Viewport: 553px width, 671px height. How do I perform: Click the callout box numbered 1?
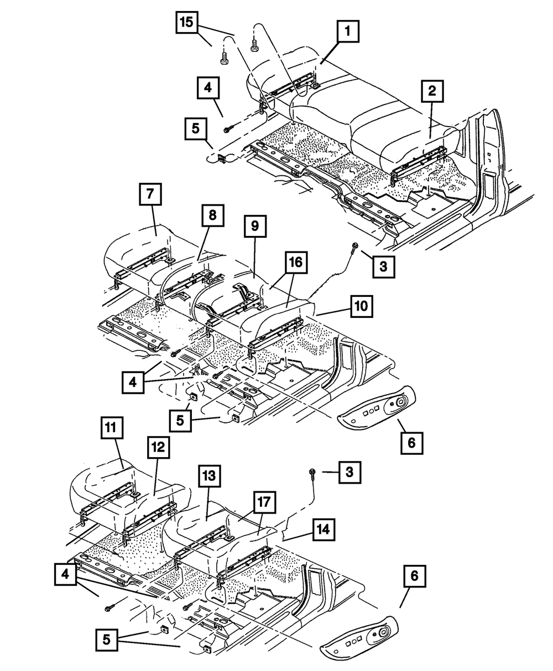coord(348,32)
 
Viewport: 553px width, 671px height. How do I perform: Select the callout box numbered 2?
coord(432,91)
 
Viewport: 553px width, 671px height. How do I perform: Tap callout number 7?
coord(150,194)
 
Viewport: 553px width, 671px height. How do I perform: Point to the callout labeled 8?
coord(212,216)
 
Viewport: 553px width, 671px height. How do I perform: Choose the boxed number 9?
coord(255,226)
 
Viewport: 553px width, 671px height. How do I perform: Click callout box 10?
coord(361,306)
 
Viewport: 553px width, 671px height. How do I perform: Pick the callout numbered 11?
coord(112,428)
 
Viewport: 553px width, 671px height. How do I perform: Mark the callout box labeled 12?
coord(159,447)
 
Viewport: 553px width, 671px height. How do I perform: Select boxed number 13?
coord(209,475)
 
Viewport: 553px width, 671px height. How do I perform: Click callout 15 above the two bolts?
coord(187,22)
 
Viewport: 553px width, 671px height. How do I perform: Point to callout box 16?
coord(296,263)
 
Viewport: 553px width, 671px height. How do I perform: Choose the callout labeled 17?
coord(264,502)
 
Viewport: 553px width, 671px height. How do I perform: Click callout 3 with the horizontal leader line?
coord(349,472)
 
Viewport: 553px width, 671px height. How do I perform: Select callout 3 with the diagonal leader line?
coord(384,267)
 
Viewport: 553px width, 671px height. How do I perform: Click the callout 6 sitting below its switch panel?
coord(412,443)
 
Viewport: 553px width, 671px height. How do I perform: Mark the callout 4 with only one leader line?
coord(208,87)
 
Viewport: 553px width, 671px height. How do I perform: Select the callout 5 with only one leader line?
coord(196,129)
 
